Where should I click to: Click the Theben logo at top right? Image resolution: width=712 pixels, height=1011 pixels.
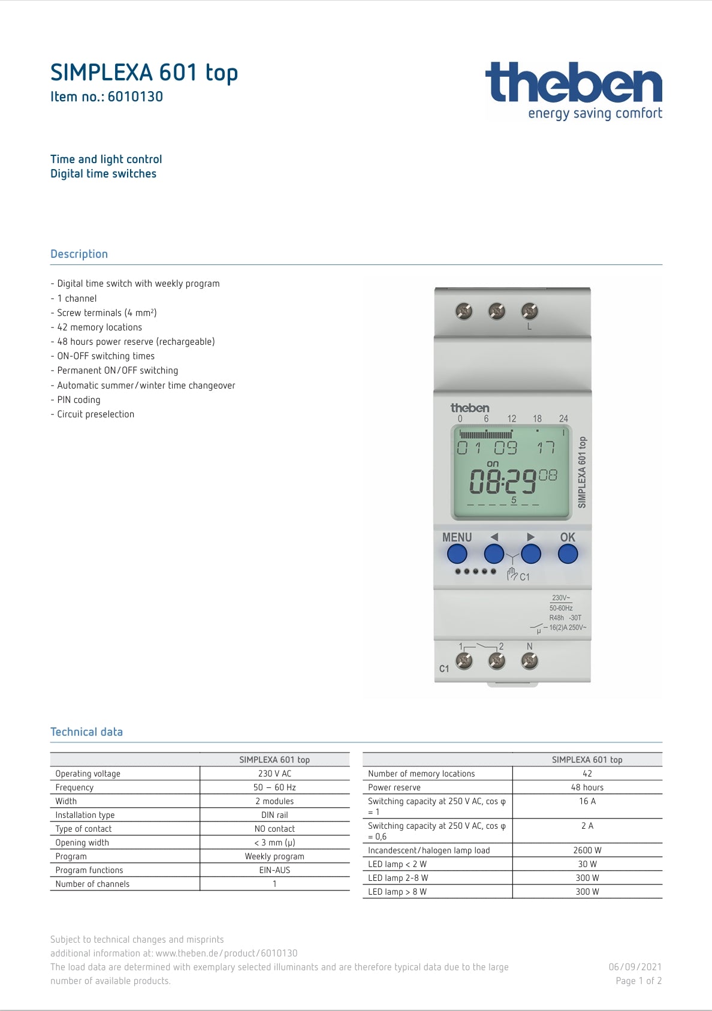click(x=573, y=90)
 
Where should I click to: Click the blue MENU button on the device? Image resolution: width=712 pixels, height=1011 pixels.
click(x=457, y=553)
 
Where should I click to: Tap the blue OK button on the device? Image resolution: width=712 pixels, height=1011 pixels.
click(x=567, y=553)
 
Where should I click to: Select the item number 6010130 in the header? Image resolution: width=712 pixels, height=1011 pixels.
click(x=135, y=97)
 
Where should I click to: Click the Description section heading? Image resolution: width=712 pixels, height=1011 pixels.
click(x=79, y=254)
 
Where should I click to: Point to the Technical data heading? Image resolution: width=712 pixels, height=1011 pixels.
click(x=86, y=732)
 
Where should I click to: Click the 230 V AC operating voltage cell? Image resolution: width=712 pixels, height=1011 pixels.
click(x=274, y=774)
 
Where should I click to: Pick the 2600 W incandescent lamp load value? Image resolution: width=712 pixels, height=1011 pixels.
click(x=587, y=850)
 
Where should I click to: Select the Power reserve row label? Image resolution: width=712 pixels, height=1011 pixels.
click(x=394, y=787)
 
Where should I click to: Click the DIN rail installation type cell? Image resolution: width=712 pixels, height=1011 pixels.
click(x=274, y=815)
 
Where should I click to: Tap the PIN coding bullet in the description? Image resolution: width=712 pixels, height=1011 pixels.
click(x=79, y=400)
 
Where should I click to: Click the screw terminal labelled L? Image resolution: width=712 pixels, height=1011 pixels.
click(x=529, y=311)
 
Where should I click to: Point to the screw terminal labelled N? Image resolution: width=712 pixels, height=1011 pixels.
click(x=529, y=661)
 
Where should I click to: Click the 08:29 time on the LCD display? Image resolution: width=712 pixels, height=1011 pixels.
click(x=502, y=481)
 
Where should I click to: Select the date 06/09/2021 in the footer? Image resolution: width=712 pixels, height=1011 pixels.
click(x=635, y=967)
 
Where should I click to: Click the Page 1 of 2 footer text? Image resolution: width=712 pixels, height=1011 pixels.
click(x=638, y=981)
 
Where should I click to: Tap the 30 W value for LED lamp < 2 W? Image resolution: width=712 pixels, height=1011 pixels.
click(x=587, y=864)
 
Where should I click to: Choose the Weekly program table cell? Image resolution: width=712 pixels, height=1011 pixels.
click(x=274, y=856)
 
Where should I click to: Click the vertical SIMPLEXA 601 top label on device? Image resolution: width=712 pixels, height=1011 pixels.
click(x=582, y=472)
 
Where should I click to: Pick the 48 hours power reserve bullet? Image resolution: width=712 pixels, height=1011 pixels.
click(x=135, y=342)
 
